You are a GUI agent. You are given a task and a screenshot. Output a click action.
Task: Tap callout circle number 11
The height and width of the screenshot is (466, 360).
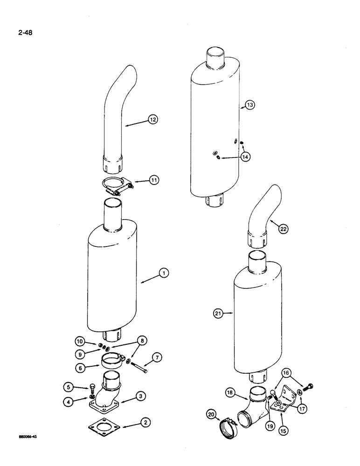pos(154,178)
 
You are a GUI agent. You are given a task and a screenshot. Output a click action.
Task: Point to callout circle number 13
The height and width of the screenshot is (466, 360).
pos(250,105)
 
